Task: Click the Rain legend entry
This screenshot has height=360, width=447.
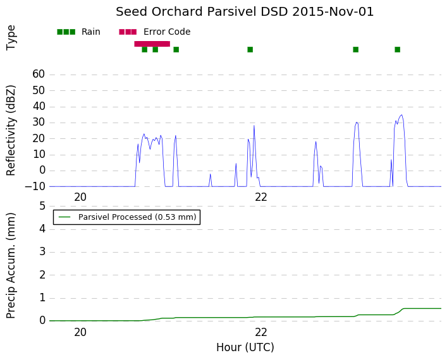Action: tap(78, 32)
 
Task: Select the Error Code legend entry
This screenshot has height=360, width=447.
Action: tap(155, 32)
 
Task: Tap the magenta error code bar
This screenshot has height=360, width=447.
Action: tap(152, 44)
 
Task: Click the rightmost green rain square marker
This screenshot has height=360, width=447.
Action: tap(398, 49)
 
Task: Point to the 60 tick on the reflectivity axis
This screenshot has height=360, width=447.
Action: tap(39, 74)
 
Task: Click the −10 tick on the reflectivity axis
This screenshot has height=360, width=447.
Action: tap(35, 186)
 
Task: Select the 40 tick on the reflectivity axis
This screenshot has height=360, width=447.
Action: tap(39, 106)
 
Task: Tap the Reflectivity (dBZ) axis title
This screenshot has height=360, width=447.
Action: tap(11, 131)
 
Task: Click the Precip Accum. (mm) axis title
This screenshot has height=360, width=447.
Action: tap(11, 265)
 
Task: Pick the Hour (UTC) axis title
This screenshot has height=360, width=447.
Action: tap(245, 347)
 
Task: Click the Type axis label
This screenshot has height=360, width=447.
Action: tap(11, 38)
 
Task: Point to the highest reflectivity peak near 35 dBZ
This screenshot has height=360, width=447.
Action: tap(401, 115)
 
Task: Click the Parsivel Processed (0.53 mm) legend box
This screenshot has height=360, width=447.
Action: tap(126, 217)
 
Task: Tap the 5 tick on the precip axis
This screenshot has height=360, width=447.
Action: tap(42, 206)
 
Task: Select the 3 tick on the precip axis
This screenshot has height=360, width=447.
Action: tap(42, 252)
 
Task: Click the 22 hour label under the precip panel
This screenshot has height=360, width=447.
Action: tap(261, 332)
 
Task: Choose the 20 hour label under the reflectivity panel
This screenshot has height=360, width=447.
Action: tap(80, 197)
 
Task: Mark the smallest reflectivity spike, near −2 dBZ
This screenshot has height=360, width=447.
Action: tap(211, 174)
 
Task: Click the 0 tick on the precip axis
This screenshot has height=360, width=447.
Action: tap(42, 321)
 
